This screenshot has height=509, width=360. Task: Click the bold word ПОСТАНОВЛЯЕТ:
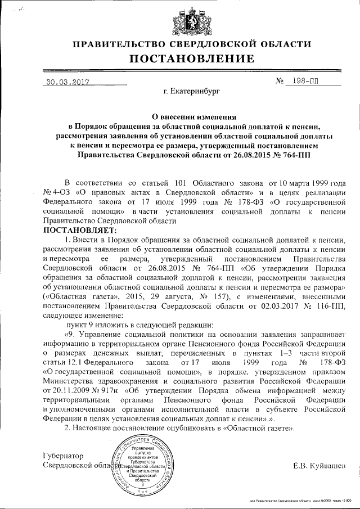(79, 230)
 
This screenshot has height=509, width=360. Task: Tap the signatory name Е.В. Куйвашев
(319, 465)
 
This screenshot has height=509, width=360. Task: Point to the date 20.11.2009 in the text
(64, 389)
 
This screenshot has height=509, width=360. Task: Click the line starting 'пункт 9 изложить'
(119, 325)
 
